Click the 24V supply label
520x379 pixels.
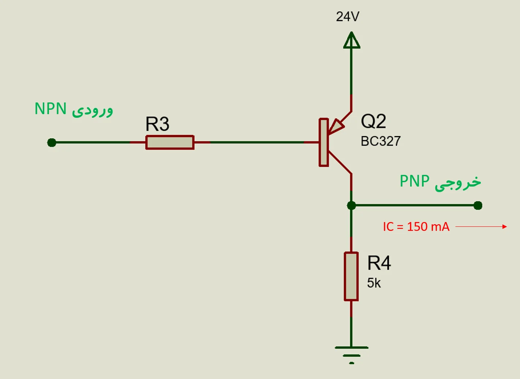tap(348, 16)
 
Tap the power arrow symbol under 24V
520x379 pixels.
tap(351, 41)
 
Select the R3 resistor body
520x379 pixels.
tap(170, 142)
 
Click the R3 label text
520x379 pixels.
tap(157, 124)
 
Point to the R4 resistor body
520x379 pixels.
tap(351, 277)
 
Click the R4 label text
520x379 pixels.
tap(379, 263)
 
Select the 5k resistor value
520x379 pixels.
tap(374, 283)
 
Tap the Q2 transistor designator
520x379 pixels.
tap(373, 121)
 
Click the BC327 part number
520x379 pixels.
tap(381, 141)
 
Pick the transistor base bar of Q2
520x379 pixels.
tap(323, 142)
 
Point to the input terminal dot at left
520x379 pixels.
tap(52, 142)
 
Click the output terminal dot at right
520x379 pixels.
tap(478, 206)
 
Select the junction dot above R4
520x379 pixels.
tap(351, 206)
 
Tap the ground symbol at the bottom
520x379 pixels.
tap(351, 353)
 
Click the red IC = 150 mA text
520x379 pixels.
tap(416, 227)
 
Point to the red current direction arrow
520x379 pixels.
tap(481, 227)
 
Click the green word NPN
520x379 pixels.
tap(50, 109)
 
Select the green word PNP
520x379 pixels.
tap(414, 181)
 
